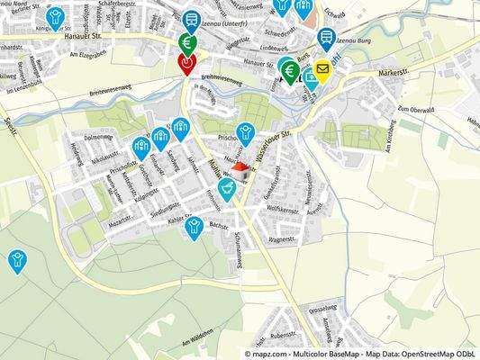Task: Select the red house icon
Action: pos(240,167)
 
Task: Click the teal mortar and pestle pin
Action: pos(228,188)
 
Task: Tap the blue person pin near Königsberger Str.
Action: pos(56,17)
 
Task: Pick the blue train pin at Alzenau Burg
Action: pos(326,39)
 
